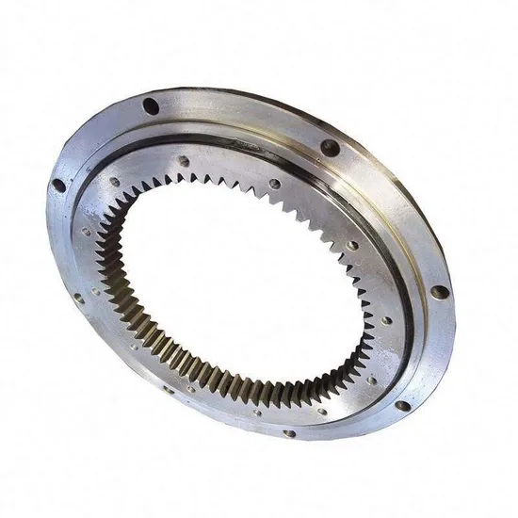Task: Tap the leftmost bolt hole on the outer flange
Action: (x=58, y=186)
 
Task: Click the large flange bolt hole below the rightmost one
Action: (x=403, y=405)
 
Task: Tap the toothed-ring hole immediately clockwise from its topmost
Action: (x=274, y=183)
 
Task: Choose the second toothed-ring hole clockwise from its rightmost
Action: (x=326, y=410)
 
